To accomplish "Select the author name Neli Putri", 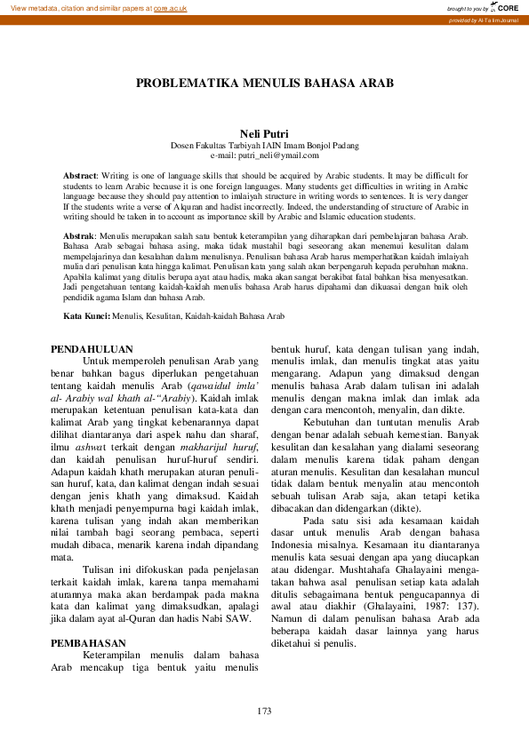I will (x=264, y=133).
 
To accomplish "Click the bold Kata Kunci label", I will (x=86, y=315).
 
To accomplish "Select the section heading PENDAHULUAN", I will (x=92, y=350).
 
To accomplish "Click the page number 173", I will (x=264, y=711).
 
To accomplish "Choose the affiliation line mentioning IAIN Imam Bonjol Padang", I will (x=264, y=145).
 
